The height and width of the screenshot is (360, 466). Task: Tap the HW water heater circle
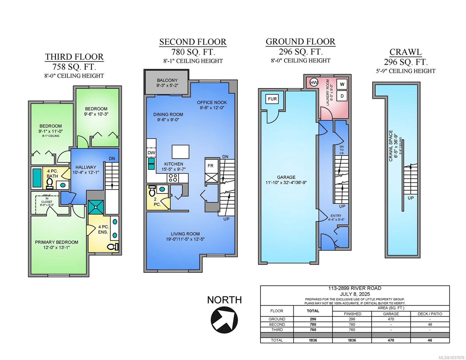(314, 82)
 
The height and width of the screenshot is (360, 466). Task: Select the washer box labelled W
(342, 84)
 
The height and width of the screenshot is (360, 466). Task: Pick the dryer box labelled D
(342, 96)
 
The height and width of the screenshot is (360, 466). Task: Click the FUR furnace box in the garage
(272, 99)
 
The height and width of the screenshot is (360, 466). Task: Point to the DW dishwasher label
(151, 153)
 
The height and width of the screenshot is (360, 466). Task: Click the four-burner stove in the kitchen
(173, 178)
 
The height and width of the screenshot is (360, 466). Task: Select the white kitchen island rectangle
(180, 151)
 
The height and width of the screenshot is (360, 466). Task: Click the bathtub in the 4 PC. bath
(37, 178)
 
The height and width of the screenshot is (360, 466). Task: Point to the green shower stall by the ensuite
(96, 207)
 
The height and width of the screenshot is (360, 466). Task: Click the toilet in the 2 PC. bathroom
(152, 190)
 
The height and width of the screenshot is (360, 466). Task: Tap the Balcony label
(167, 80)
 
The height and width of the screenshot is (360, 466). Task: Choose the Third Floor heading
(74, 57)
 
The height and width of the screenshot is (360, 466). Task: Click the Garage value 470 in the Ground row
(391, 319)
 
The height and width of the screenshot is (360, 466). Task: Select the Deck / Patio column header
(430, 314)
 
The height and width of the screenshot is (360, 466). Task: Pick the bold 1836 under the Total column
(313, 340)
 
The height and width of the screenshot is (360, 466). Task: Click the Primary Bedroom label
(56, 242)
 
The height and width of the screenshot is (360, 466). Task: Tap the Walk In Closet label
(47, 200)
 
